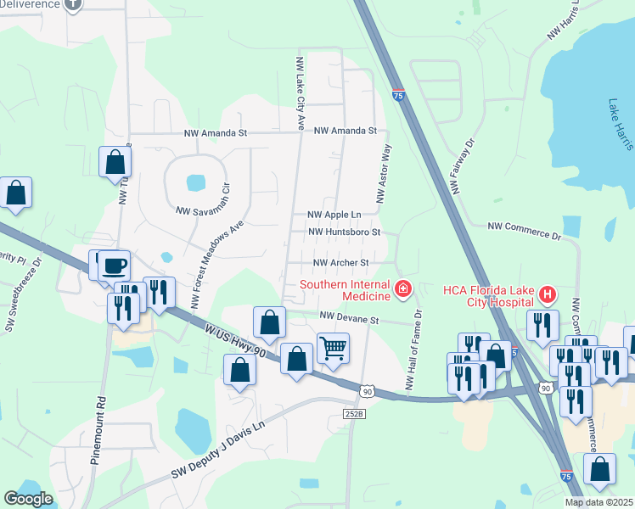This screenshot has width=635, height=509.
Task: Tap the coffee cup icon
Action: tap(114, 266)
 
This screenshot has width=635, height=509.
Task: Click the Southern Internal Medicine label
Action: tap(344, 290)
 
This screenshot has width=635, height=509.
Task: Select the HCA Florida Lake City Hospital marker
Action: tap(548, 295)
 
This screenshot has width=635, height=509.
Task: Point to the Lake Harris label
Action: tap(621, 124)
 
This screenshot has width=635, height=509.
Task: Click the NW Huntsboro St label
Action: tap(343, 232)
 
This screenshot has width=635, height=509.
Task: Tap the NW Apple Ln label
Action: tap(334, 215)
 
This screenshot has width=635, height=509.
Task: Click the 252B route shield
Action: tap(354, 413)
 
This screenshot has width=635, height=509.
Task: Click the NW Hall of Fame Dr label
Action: tap(413, 350)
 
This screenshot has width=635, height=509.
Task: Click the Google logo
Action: tap(29, 498)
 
